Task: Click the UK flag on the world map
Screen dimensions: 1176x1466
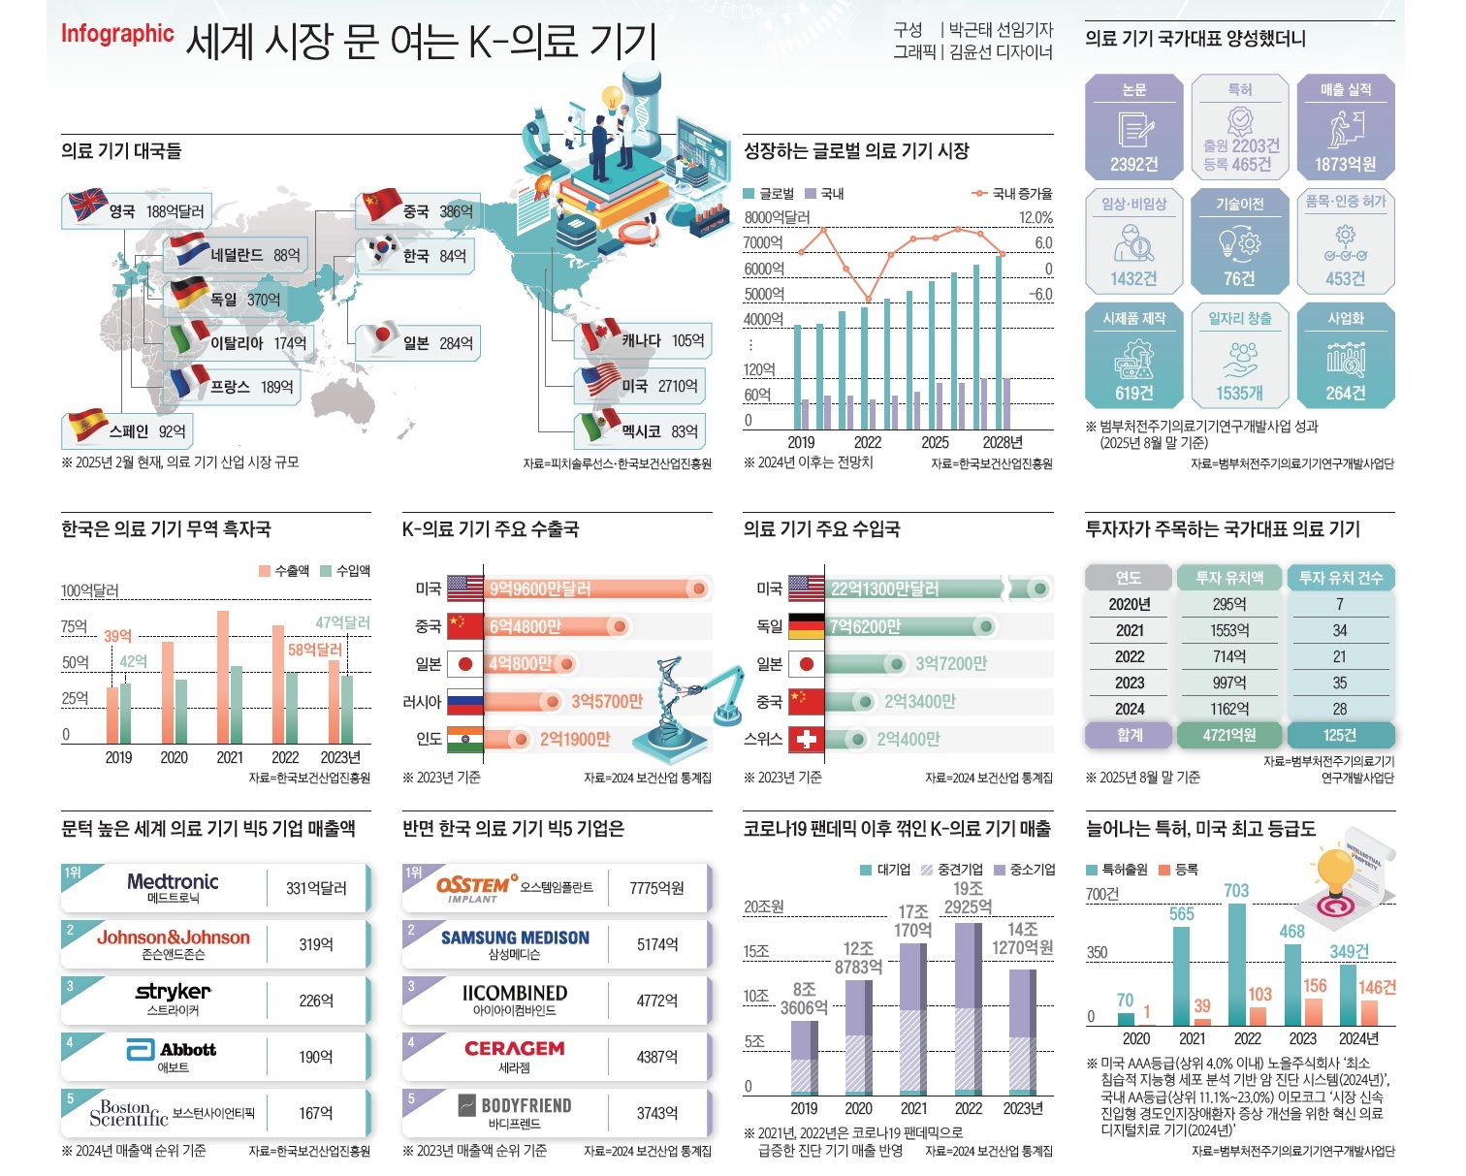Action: [x=87, y=206]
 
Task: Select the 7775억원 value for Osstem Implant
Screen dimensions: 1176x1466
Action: [x=656, y=888]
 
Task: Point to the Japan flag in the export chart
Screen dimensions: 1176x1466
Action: [x=465, y=664]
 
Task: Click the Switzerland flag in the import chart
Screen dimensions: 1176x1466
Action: [x=806, y=740]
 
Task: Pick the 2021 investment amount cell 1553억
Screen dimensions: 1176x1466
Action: [x=1229, y=630]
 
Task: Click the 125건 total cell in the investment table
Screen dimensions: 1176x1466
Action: [x=1340, y=735]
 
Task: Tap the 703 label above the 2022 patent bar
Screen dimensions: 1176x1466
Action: [x=1236, y=890]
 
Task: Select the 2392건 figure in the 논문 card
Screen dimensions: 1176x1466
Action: [x=1133, y=164]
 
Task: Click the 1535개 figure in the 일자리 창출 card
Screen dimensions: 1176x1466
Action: [x=1239, y=393]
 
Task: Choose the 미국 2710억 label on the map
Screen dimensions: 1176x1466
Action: [x=659, y=386]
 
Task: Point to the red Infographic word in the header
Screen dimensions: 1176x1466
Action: [x=117, y=34]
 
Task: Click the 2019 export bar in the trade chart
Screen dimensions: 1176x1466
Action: [x=112, y=714]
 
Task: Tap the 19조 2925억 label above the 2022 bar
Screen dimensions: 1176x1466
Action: [x=968, y=898]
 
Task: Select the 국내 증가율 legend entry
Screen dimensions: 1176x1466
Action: [x=1012, y=194]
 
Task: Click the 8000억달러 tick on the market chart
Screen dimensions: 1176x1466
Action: [x=777, y=218]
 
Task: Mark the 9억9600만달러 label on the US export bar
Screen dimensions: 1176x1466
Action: [x=540, y=588]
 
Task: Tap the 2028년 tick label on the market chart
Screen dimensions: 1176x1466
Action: [x=1002, y=442]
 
